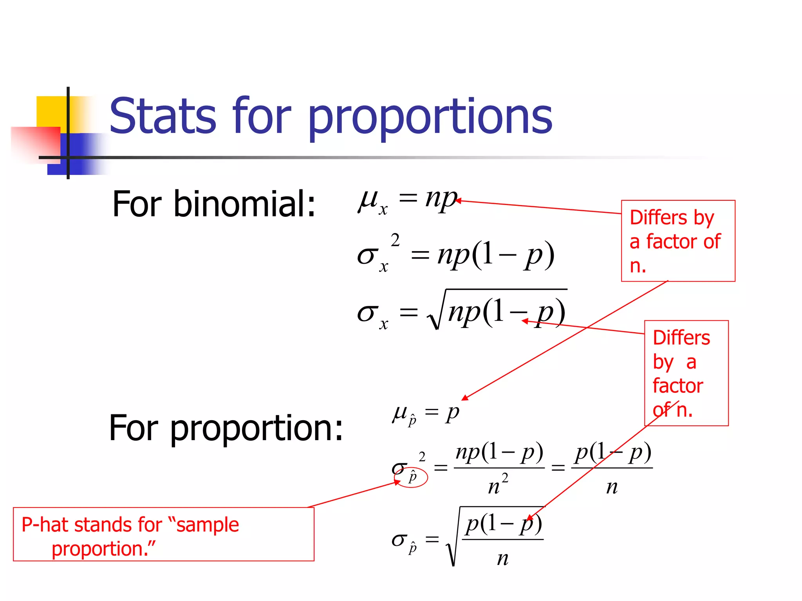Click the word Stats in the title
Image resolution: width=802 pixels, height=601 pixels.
(x=163, y=116)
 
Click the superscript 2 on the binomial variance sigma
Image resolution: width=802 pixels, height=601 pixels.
(x=395, y=240)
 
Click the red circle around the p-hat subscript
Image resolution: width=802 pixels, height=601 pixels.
(x=411, y=477)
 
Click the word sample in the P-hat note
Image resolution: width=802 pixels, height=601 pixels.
(x=208, y=525)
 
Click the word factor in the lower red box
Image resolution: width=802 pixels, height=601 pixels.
(x=677, y=386)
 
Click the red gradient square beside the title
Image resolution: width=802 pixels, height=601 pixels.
(x=35, y=143)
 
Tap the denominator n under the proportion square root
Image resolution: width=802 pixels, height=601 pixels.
(x=503, y=558)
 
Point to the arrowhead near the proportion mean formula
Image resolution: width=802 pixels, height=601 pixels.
(x=465, y=398)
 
